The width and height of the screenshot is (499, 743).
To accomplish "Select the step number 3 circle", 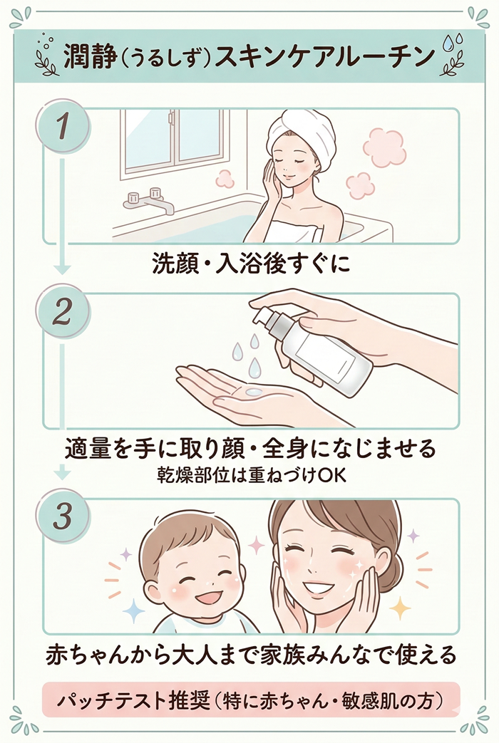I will pos(63,516).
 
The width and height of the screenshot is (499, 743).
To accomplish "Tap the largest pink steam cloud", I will pos(384,147).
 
